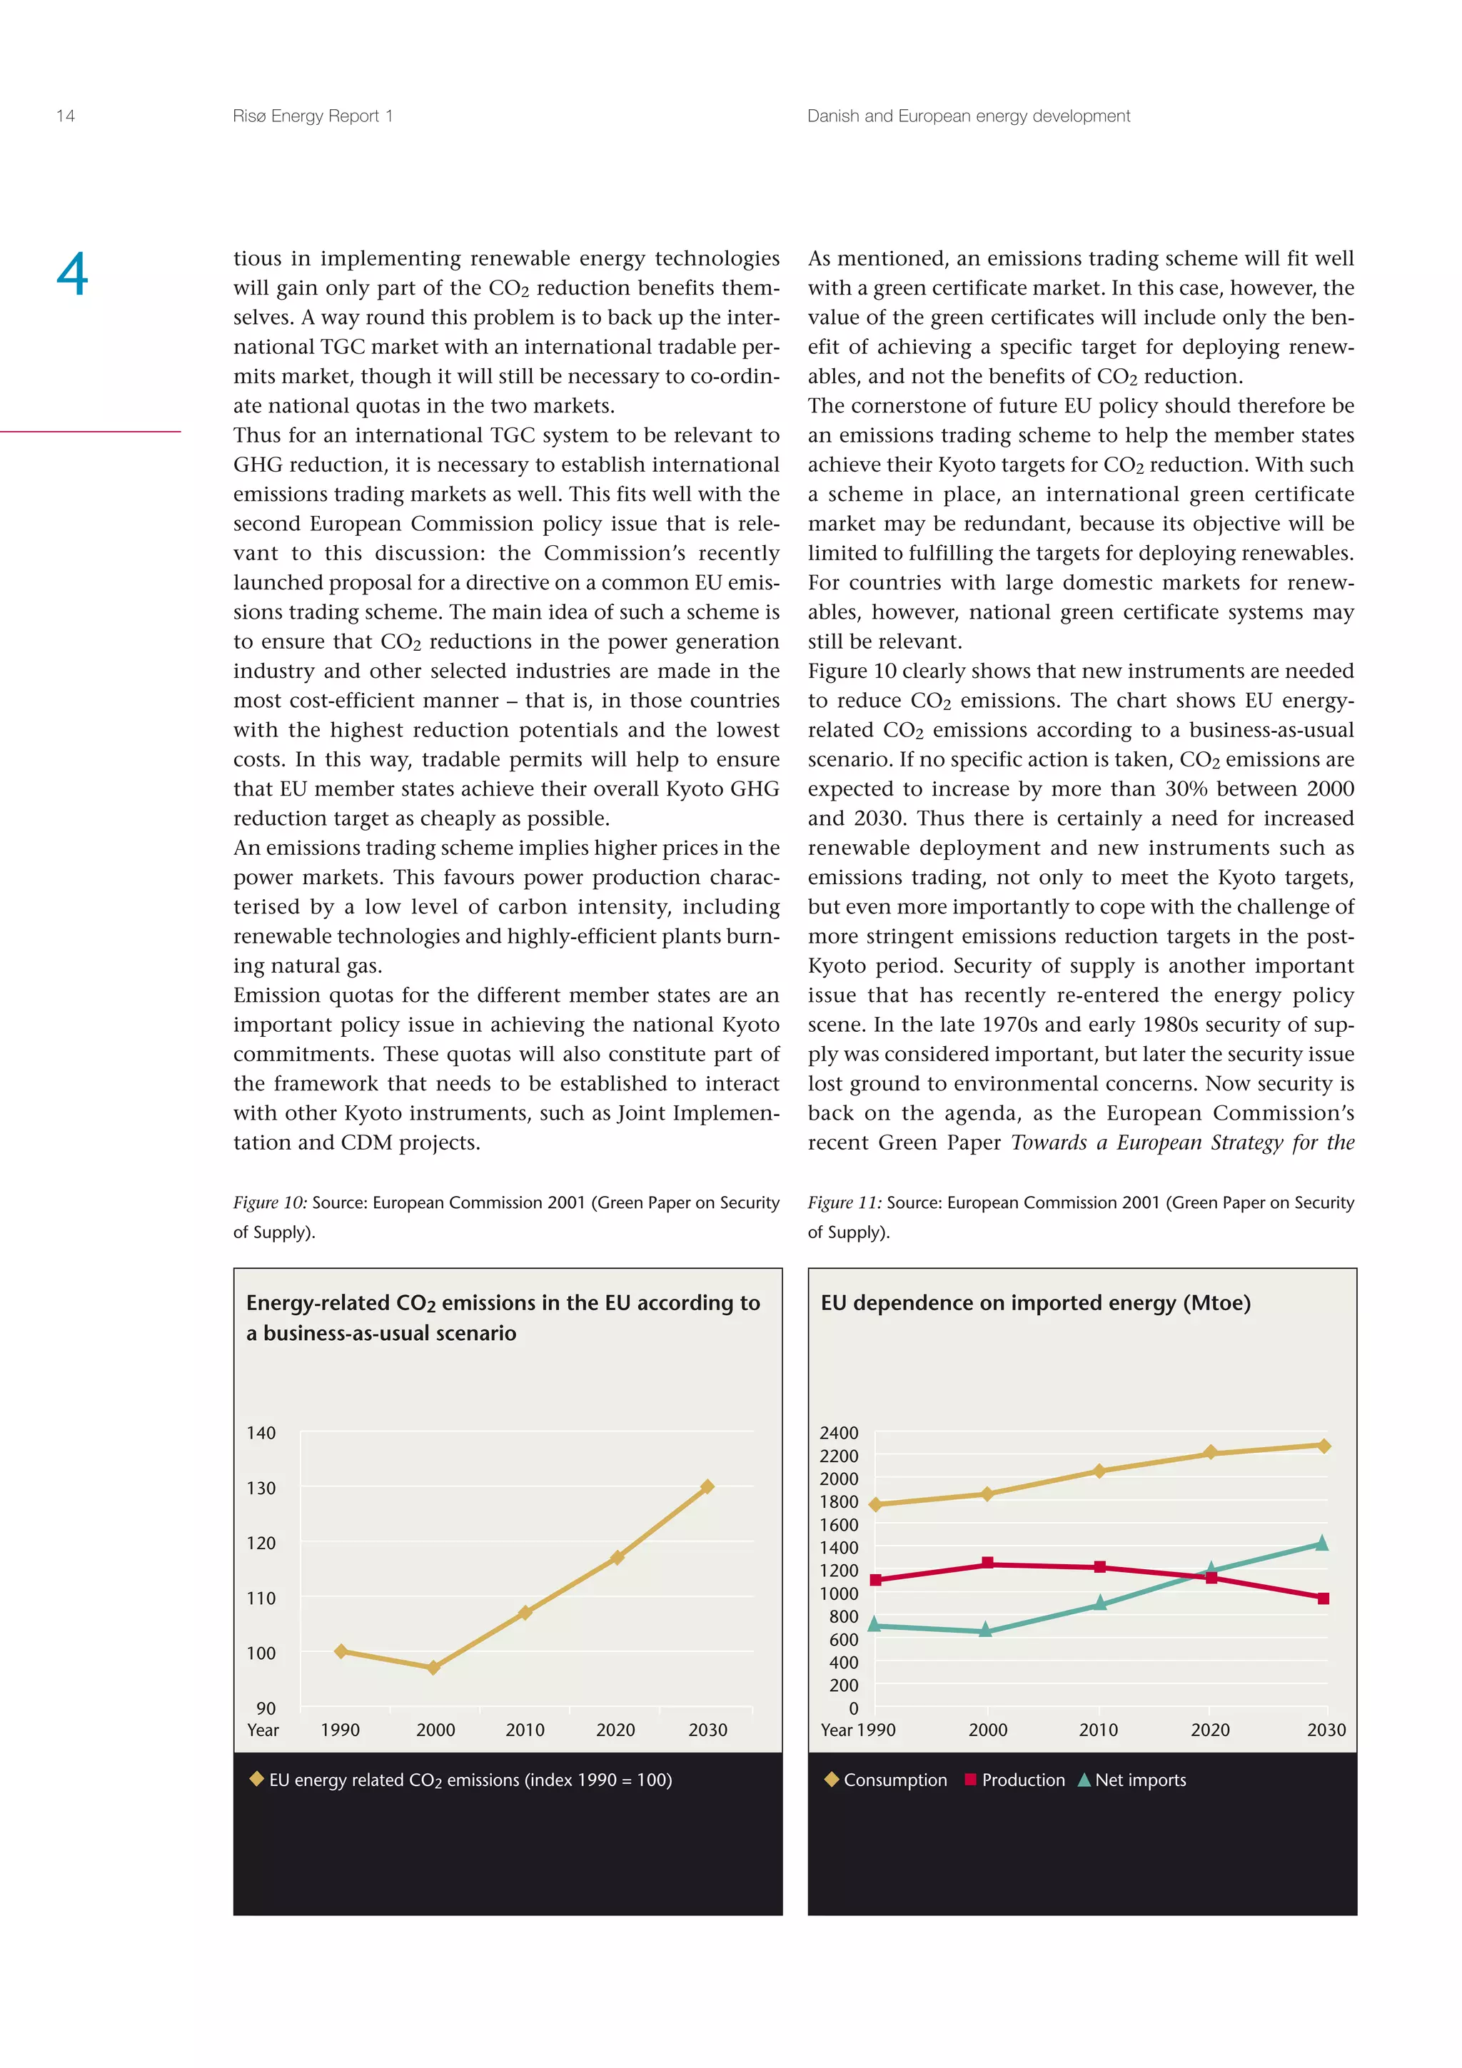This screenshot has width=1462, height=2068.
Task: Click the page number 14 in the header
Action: [x=65, y=116]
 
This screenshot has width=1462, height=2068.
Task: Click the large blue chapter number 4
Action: [x=72, y=275]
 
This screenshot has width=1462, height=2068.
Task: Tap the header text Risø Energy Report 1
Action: [x=312, y=116]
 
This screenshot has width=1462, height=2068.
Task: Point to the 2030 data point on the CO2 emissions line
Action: [x=707, y=1486]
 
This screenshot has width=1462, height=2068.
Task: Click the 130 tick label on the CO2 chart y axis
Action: [x=261, y=1488]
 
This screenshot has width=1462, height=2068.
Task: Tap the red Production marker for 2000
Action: [x=987, y=1563]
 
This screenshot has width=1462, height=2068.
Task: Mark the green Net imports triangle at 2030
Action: [x=1321, y=1544]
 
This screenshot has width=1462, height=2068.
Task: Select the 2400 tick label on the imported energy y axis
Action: [x=839, y=1432]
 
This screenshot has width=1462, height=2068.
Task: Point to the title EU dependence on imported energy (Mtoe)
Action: [x=1035, y=1302]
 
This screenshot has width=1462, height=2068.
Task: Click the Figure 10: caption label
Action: [x=269, y=1202]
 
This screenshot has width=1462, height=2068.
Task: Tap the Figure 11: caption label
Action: [x=844, y=1202]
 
